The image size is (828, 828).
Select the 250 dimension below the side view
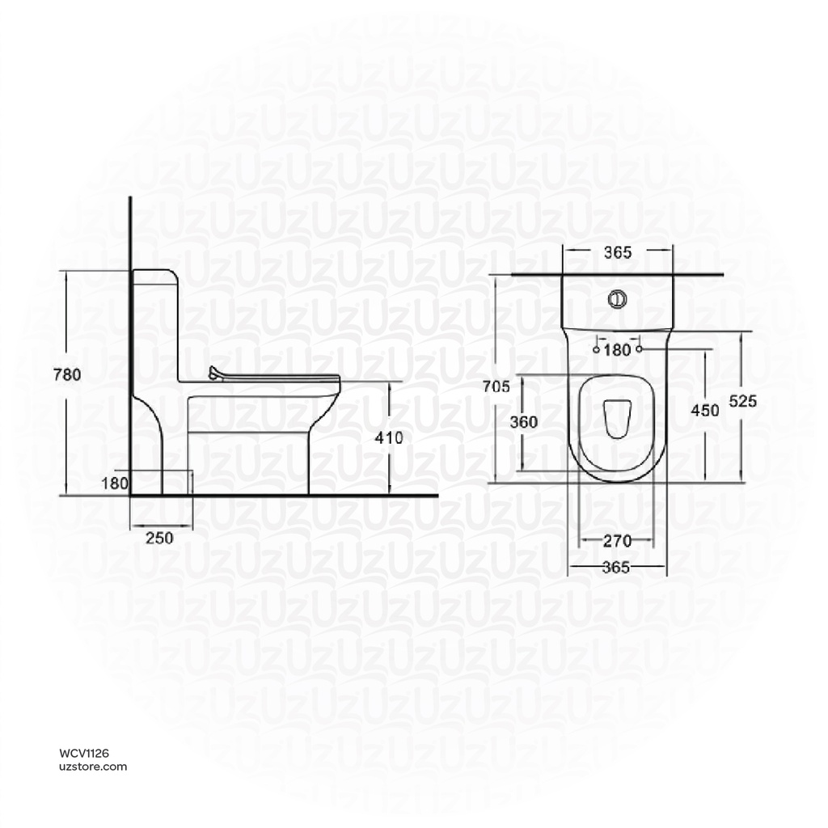pos(159,539)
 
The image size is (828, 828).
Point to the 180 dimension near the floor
pos(114,484)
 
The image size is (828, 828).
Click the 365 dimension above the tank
pos(617,252)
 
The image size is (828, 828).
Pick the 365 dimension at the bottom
pos(616,568)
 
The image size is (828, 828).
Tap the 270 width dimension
pos(617,540)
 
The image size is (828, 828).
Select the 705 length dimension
pos(495,387)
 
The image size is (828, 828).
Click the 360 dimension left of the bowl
pos(523,422)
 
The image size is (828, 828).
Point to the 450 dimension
pos(704,410)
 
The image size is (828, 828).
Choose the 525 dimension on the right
pos(742,401)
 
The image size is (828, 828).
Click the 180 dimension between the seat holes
pos(618,350)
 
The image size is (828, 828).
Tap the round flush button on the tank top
pos(617,299)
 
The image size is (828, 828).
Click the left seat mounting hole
pos(597,350)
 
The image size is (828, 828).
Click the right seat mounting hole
pos(640,350)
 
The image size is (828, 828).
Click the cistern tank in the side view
pos(155,323)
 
